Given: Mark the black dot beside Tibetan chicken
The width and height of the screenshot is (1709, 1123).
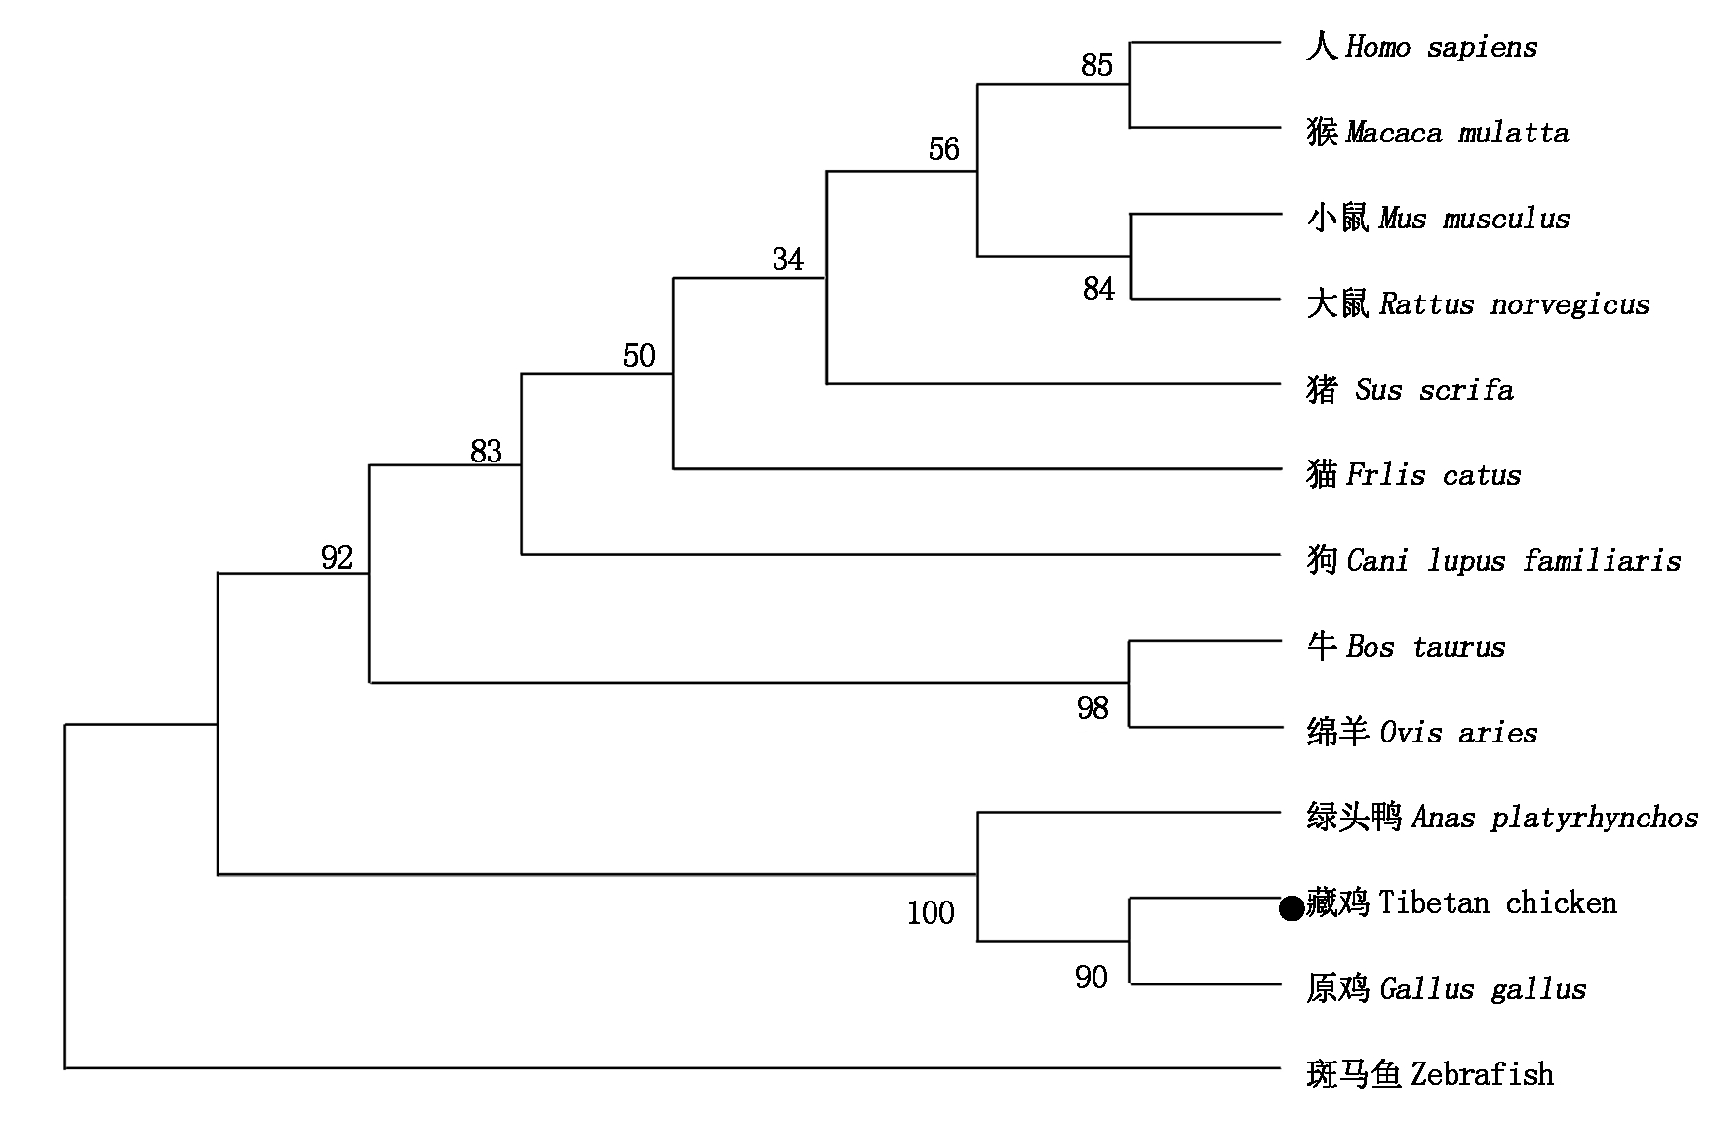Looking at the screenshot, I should tap(1291, 909).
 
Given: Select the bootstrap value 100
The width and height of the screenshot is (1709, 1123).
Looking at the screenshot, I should tap(931, 913).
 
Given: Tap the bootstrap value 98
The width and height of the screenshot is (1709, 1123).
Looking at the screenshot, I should tap(1093, 708).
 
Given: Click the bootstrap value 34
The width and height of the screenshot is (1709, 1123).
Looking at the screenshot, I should tap(787, 260).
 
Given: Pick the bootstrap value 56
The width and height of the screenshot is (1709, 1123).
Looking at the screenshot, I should tap(943, 149).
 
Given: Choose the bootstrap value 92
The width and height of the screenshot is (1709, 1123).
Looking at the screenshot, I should tap(337, 558).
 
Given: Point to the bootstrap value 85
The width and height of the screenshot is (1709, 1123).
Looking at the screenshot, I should tap(1096, 65).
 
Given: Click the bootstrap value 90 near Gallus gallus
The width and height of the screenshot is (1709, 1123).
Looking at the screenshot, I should tap(1091, 978).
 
